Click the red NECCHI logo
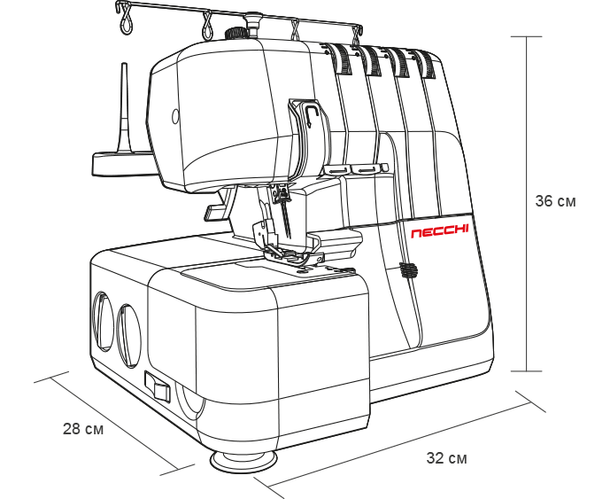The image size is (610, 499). pos(439,232)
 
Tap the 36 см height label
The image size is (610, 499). pos(555,201)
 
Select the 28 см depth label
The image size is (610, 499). pos(83,429)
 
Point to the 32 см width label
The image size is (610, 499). pos(446,458)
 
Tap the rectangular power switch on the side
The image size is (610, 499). pos(157,386)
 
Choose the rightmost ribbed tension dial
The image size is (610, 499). pos(427,64)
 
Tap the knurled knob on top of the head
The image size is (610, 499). pos(234,35)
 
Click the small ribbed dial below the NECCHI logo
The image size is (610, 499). pos(407,270)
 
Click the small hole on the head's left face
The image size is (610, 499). pos(175,115)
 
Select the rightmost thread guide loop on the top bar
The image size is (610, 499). pos(358,33)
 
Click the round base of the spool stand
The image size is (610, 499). pos(120,162)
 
